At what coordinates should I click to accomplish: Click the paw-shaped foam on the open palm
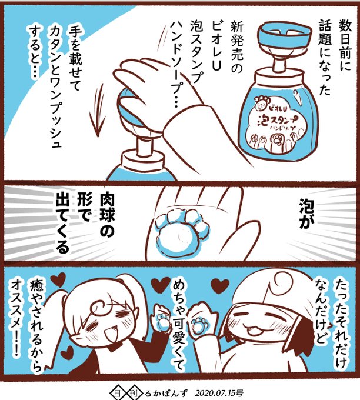[178, 234]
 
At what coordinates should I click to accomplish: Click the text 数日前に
[345, 45]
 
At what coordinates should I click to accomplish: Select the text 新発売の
[236, 48]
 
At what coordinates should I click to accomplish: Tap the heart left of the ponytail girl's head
[58, 279]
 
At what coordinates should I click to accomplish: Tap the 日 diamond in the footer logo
[117, 393]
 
